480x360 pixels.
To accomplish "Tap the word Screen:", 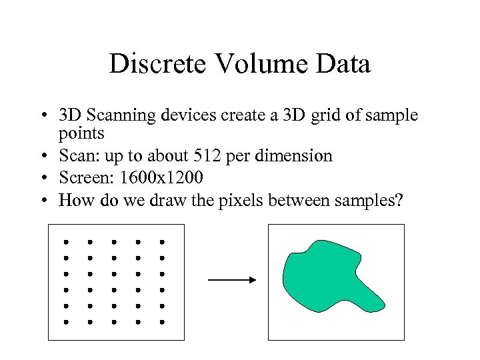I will pyautogui.click(x=82, y=178).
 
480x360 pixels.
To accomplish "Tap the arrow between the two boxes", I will pyautogui.click(x=231, y=280).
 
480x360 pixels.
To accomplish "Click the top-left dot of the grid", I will pyautogui.click(x=66, y=242).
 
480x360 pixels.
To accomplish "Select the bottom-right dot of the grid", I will pyautogui.click(x=161, y=321).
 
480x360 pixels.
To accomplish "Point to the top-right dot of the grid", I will pyautogui.click(x=161, y=242).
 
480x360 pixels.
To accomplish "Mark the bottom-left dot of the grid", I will pyautogui.click(x=66, y=321).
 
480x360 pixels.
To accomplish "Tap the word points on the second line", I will pyautogui.click(x=81, y=133).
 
